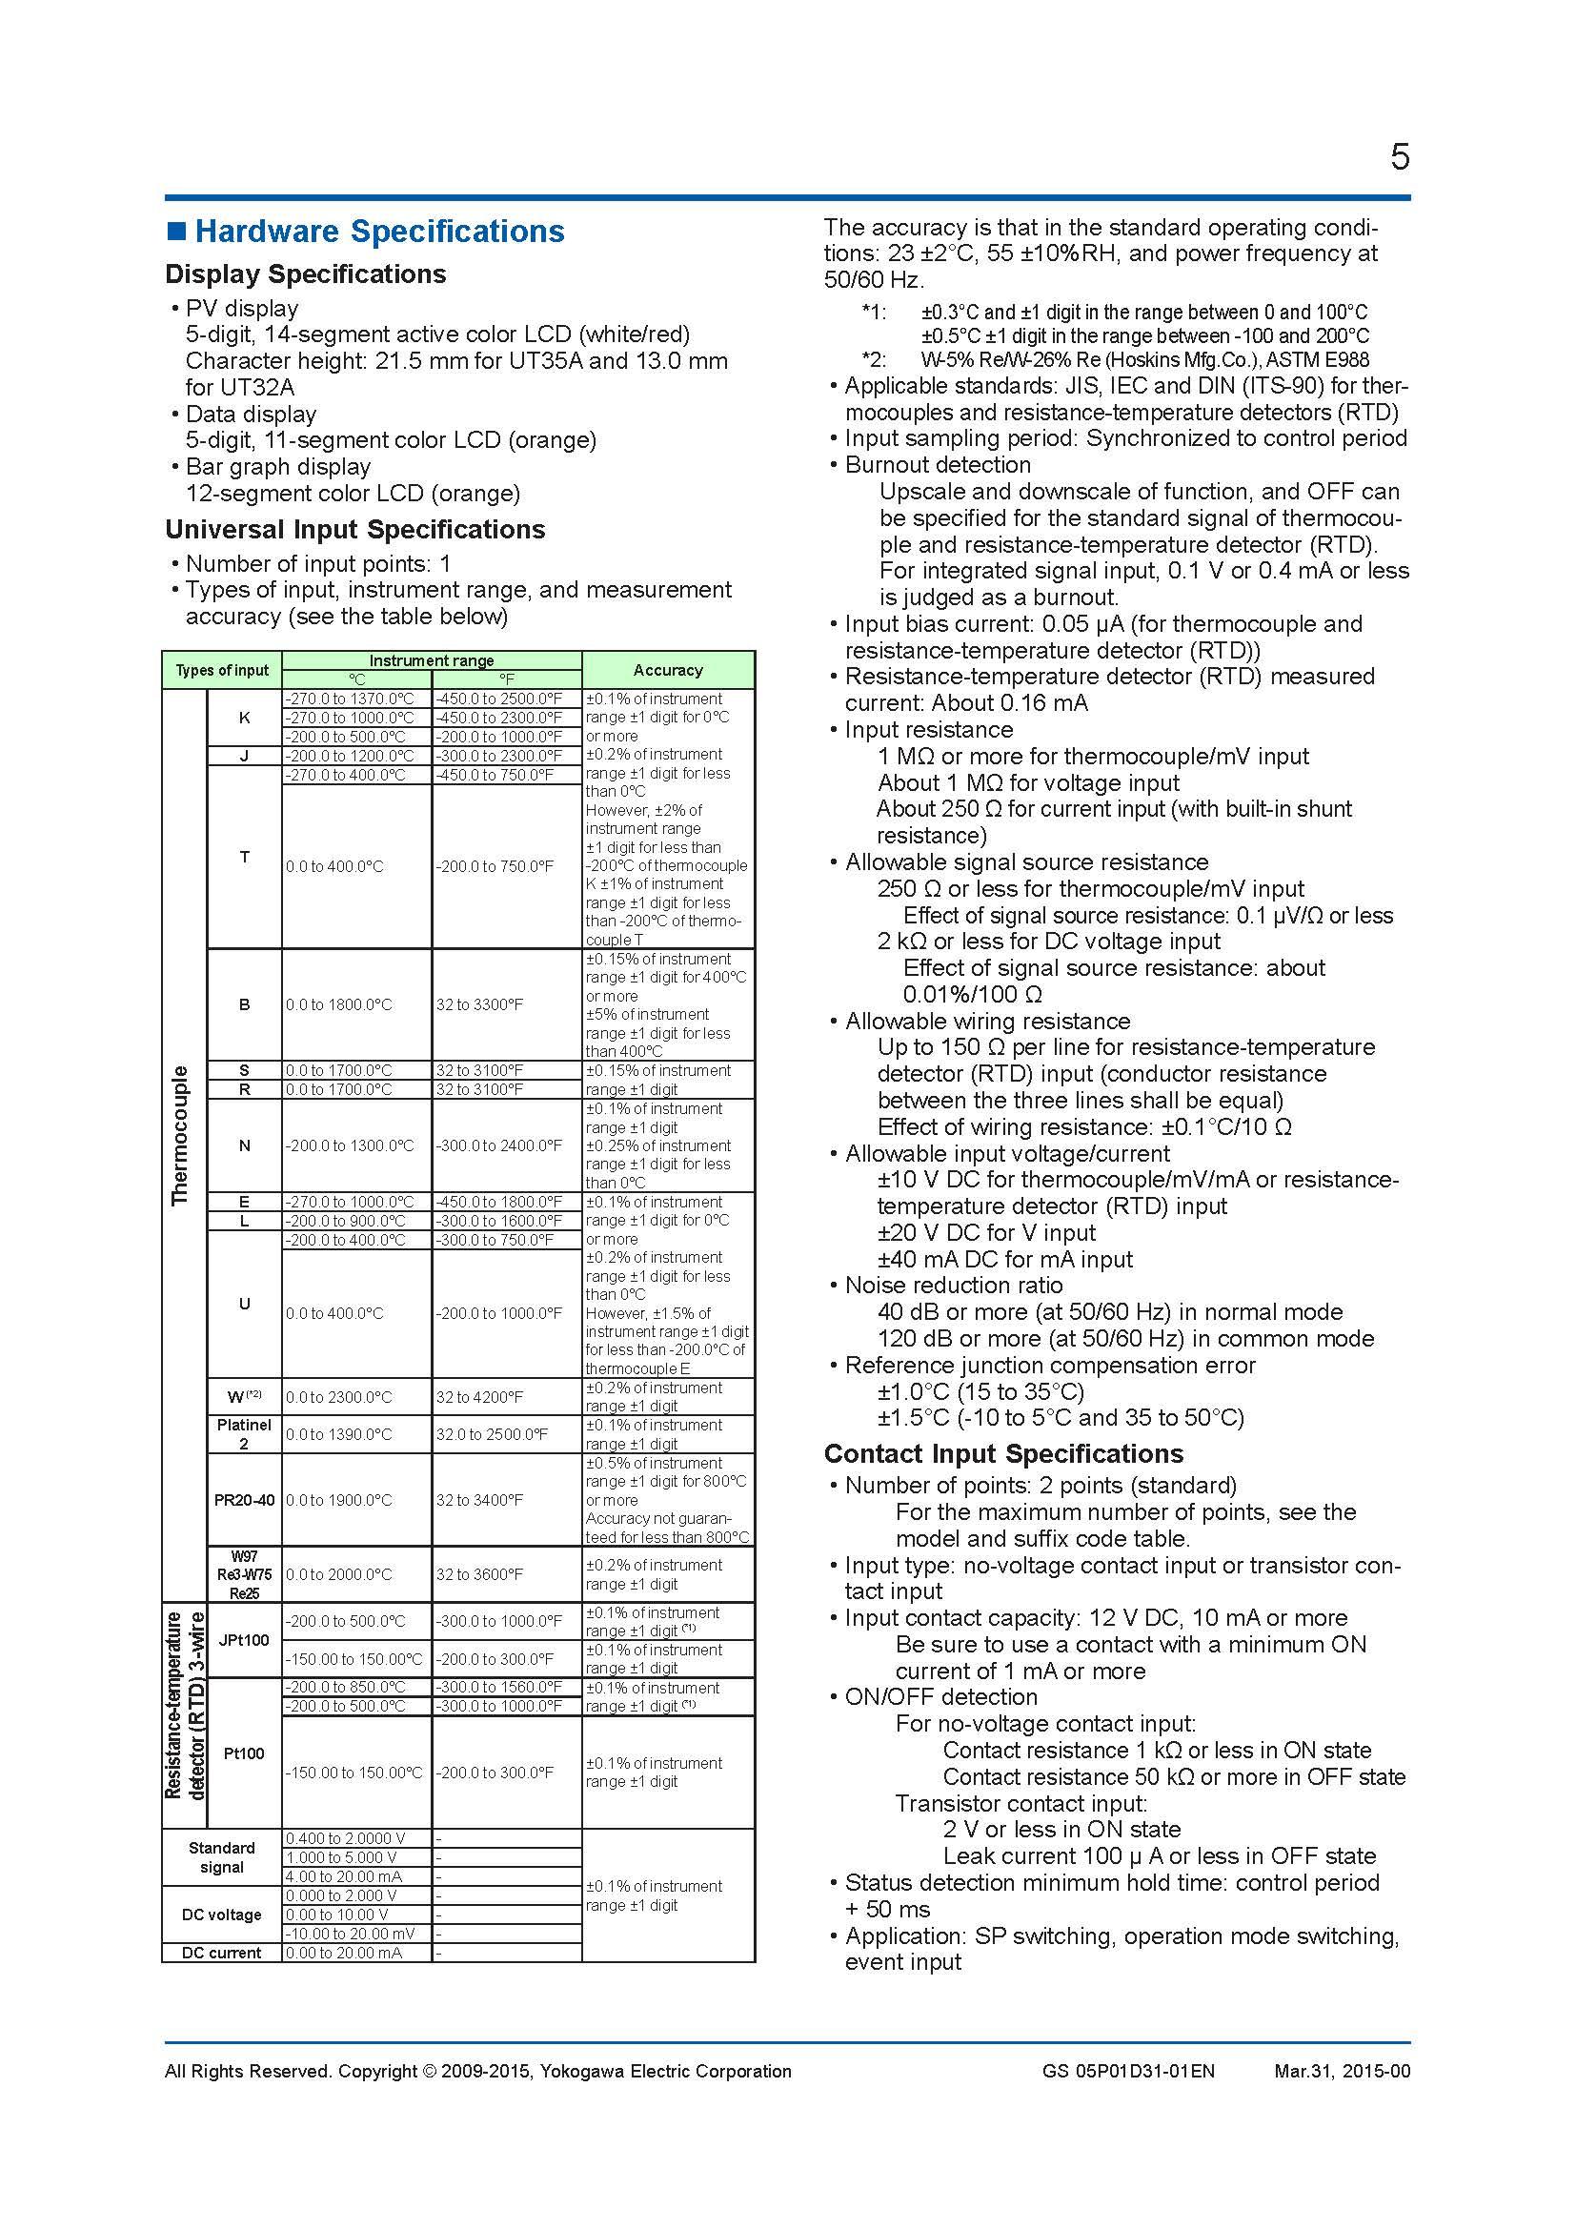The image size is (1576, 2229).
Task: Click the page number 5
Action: (x=1399, y=157)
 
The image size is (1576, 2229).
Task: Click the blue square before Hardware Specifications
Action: (x=175, y=231)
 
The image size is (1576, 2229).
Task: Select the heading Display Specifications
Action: (x=305, y=274)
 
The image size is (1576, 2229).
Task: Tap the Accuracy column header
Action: (x=668, y=670)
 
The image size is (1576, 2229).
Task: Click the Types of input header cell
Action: (x=222, y=670)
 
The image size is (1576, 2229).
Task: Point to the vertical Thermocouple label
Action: (x=180, y=1135)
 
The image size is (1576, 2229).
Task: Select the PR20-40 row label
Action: (x=245, y=1500)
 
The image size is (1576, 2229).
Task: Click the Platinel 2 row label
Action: (x=245, y=1434)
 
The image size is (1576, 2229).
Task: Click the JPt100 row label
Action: (x=245, y=1640)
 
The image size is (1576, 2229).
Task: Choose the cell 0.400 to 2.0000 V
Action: (x=346, y=1837)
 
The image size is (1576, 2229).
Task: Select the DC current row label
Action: (x=221, y=1953)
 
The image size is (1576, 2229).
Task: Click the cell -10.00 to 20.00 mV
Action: (x=351, y=1933)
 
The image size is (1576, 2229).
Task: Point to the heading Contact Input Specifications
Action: (x=1003, y=1453)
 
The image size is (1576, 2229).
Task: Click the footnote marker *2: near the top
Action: (x=874, y=359)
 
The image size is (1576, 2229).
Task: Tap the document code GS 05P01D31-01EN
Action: (x=1127, y=2071)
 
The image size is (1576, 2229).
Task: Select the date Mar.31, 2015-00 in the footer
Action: (x=1343, y=2071)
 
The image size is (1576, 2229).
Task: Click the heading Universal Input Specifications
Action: (x=355, y=529)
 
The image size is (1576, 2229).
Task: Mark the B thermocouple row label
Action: (x=245, y=1004)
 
